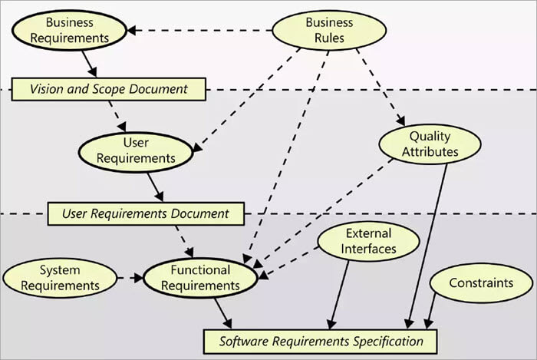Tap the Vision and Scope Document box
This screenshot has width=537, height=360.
pos(109,89)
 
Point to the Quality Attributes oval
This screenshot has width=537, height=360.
pos(430,144)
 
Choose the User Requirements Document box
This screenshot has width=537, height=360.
pos(146,213)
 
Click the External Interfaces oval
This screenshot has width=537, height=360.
pos(368,241)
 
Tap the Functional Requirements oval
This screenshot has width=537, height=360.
pos(200,278)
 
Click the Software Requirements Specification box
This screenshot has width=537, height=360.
pos(321,340)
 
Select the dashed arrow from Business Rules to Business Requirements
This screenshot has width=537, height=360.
pos(199,31)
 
